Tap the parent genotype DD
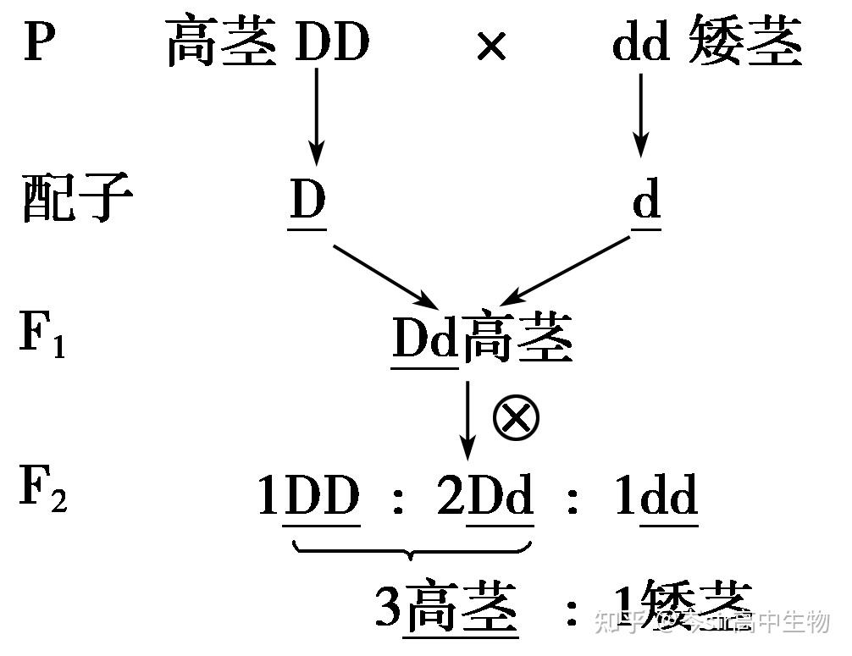tap(332, 41)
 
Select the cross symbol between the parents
tap(491, 47)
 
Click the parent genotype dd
tap(641, 43)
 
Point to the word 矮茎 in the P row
tap(745, 42)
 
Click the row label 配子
tap(76, 200)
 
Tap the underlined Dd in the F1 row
tap(424, 339)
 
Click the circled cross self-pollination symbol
tap(516, 418)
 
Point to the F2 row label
tap(43, 491)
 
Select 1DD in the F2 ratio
tap(310, 496)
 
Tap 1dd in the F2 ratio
tap(657, 496)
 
